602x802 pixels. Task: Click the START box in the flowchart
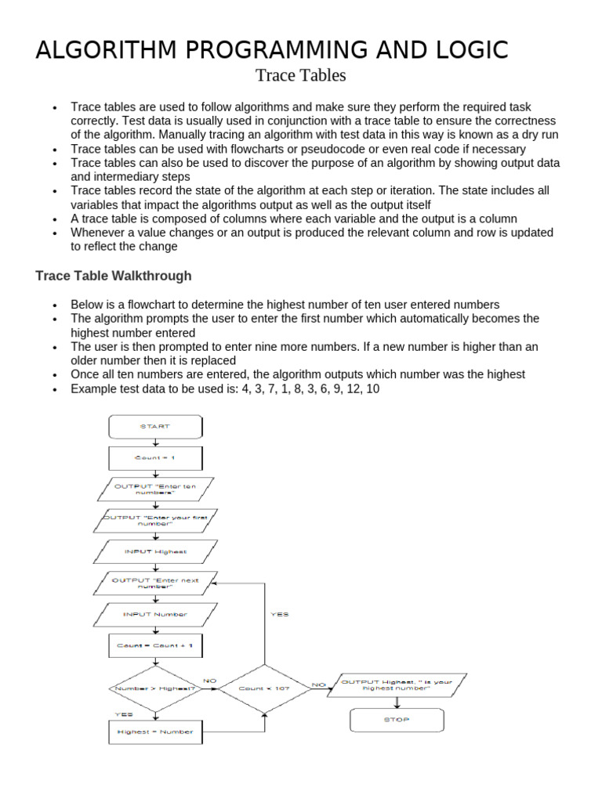coord(155,427)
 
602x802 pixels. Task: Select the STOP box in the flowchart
coord(397,719)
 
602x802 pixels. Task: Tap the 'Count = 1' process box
coord(155,458)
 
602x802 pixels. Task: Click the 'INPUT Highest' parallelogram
coord(155,551)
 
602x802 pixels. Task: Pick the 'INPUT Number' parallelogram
coord(155,615)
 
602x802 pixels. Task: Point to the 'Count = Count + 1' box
coord(155,646)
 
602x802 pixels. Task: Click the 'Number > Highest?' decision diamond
coord(155,688)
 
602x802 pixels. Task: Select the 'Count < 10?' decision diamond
coord(263,688)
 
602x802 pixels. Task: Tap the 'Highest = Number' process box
coord(155,732)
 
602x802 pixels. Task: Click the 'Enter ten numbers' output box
coord(155,490)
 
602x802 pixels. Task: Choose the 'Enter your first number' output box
coord(155,520)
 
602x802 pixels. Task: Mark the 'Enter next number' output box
coord(155,583)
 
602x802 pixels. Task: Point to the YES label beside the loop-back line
coord(279,615)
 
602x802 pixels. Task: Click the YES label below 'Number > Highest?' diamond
coord(124,714)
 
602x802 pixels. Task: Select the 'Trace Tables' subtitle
coord(300,76)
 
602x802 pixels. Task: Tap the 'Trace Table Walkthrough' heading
coord(114,276)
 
